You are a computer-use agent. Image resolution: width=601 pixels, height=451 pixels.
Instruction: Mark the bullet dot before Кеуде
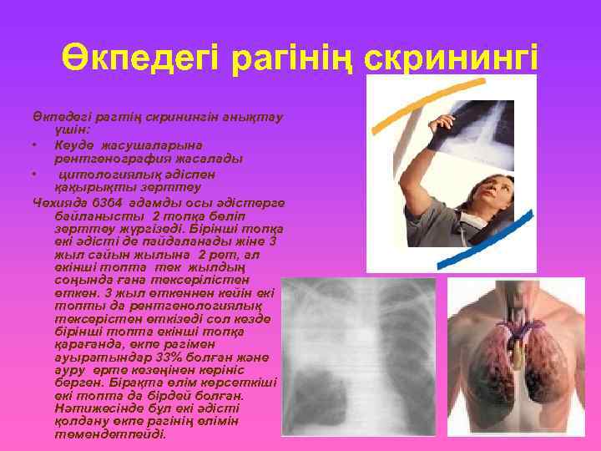tap(33, 145)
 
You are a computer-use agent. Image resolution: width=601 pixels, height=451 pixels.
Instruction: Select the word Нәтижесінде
tap(91, 408)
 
